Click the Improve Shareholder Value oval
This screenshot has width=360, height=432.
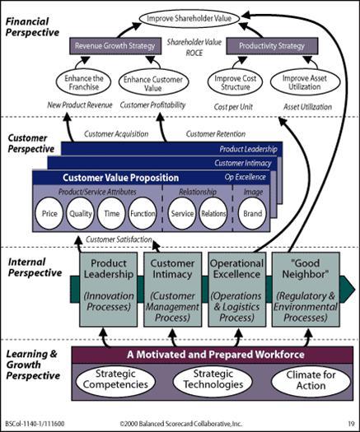point(189,18)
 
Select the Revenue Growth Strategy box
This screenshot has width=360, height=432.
point(115,46)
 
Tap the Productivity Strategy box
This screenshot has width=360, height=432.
point(272,46)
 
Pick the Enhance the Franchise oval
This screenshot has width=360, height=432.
point(83,82)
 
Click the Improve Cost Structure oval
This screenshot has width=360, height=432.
point(235,82)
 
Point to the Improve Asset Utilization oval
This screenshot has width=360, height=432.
point(305,82)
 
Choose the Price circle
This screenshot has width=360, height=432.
point(49,213)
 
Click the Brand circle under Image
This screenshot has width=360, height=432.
point(252,213)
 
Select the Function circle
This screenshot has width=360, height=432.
point(143,213)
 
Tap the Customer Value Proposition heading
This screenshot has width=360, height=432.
point(120,178)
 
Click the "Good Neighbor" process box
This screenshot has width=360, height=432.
point(306,290)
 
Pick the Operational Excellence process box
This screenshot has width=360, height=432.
point(236,290)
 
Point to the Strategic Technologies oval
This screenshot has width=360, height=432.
point(213,380)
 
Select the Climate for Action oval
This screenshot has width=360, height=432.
point(311,380)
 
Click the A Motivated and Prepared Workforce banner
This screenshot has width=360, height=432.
point(213,355)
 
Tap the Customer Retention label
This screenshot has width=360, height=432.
point(216,134)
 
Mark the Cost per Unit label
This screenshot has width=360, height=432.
point(233,107)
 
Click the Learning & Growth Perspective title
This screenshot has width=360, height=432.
point(33,365)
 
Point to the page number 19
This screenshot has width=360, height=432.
point(351,424)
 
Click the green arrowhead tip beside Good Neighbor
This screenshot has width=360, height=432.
point(355,290)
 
